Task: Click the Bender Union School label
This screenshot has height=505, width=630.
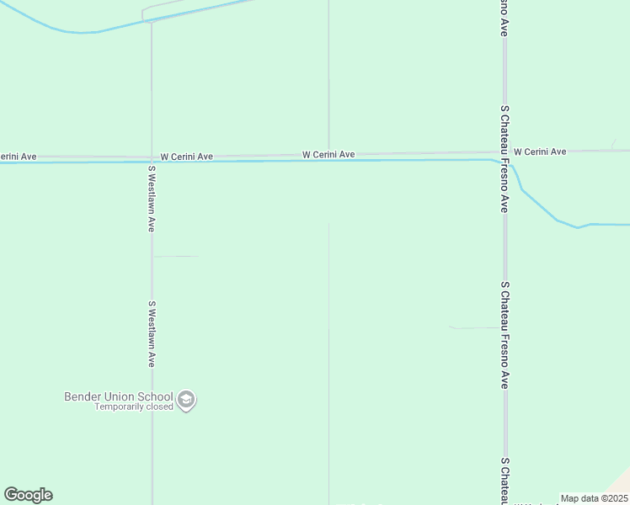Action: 118,396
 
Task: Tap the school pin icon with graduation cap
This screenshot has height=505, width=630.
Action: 187,401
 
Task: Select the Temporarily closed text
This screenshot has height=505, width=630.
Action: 133,407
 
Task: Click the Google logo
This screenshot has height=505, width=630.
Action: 28,495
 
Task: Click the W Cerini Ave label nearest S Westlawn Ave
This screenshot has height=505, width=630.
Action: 186,157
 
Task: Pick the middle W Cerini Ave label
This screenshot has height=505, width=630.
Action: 328,155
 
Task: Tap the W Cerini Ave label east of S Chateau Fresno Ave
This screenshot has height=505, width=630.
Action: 539,151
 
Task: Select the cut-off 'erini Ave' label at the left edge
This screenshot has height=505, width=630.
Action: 18,157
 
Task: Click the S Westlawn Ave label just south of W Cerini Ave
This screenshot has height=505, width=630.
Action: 152,199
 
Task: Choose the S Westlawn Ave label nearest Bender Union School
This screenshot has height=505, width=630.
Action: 152,334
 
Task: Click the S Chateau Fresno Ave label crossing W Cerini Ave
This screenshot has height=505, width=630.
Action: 505,158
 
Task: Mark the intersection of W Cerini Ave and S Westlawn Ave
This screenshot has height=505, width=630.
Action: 152,157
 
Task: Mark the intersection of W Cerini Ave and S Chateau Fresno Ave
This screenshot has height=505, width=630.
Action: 505,153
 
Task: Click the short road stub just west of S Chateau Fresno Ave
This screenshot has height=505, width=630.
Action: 476,327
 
